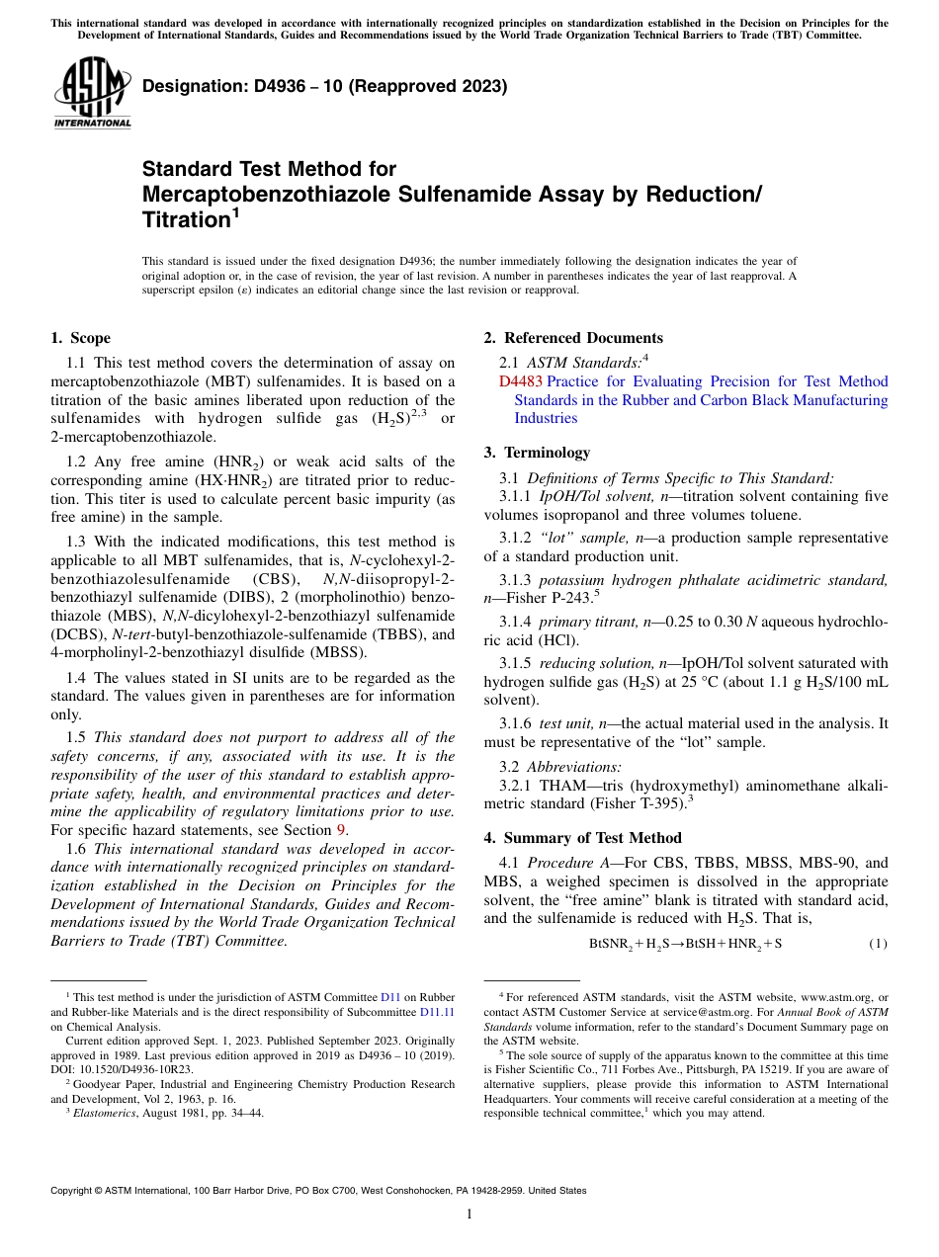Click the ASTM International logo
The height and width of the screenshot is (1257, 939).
(92, 92)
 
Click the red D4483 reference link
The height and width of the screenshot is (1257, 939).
(520, 381)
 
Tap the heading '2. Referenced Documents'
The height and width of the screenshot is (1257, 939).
(573, 338)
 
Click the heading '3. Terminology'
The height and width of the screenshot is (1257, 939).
(537, 453)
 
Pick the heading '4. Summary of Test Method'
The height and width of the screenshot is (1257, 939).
(582, 838)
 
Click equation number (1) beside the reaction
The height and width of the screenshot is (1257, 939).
(878, 944)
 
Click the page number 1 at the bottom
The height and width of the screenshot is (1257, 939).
(469, 1214)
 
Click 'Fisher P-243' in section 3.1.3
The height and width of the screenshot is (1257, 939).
(552, 598)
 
